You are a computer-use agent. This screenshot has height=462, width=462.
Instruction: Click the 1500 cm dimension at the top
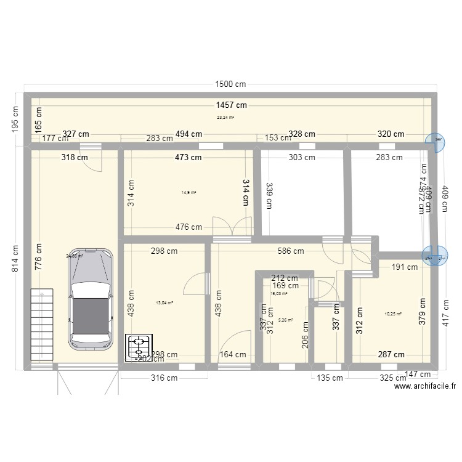coord(231,85)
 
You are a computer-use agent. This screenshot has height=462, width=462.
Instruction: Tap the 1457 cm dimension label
coord(231,105)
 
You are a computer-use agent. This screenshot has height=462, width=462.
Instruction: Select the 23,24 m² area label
coord(225,117)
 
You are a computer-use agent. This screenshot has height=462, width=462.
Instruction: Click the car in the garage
coord(91,298)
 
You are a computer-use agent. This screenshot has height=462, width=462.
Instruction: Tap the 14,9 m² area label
coord(188,192)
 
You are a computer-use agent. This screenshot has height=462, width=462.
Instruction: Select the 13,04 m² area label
coord(164,302)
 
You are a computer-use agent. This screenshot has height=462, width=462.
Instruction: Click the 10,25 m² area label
coord(393,314)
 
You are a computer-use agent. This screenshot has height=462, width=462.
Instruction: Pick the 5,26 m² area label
coord(286,320)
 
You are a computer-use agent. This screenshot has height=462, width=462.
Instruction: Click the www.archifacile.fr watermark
coord(424,386)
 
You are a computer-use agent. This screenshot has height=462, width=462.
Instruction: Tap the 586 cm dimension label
coord(291,251)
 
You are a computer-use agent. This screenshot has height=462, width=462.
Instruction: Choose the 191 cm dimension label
coord(405,267)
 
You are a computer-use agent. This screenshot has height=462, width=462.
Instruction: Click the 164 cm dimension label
coord(232,354)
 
